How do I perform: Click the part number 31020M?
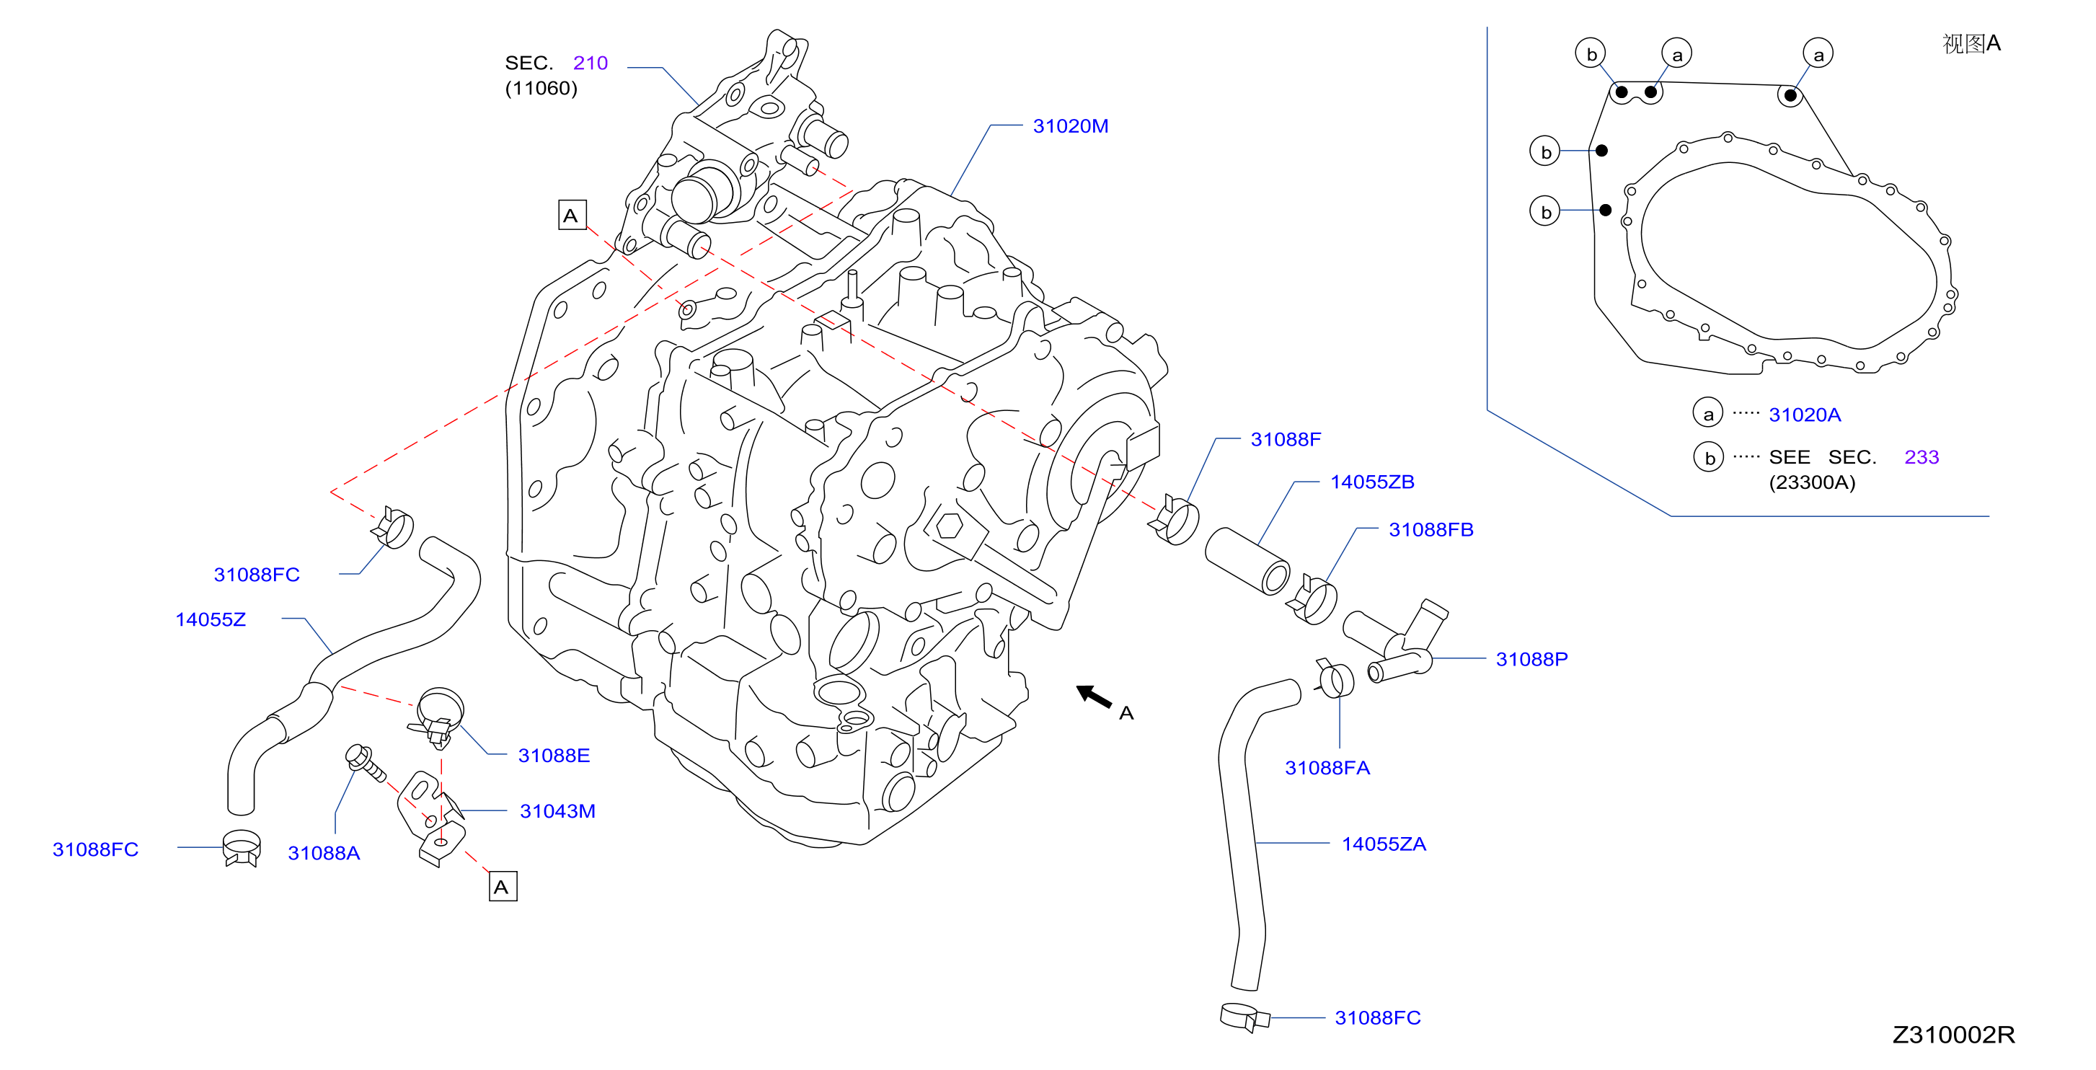[1070, 126]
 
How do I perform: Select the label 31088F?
[1286, 439]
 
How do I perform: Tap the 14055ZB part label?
[1372, 482]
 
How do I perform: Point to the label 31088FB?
[1431, 530]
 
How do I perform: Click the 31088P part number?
[1531, 659]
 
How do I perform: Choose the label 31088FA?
[1327, 767]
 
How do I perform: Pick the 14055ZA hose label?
[1383, 844]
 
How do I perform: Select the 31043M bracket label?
[557, 811]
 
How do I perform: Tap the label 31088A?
[324, 853]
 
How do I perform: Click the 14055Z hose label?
[210, 619]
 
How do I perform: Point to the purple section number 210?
[590, 63]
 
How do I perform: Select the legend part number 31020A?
[1804, 415]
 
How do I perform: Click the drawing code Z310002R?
[1953, 1034]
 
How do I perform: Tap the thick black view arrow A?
[1095, 697]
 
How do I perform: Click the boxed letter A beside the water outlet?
[572, 215]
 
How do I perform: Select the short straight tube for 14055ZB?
[1247, 561]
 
